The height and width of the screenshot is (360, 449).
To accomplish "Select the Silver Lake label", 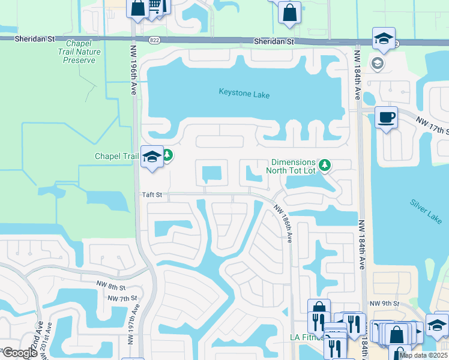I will point(426,211).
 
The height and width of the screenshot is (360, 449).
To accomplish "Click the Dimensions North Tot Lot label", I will point(293,166).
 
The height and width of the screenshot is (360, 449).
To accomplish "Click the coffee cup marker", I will point(386,116).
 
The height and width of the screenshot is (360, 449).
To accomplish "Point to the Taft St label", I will point(152,195).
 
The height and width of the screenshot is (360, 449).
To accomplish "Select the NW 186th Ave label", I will point(284,223).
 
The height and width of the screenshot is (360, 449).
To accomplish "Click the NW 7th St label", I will point(122,298).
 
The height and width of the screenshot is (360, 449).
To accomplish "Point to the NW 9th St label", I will point(384,304).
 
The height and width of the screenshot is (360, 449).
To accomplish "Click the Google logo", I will point(20,353).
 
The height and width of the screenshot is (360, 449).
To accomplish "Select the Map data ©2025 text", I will point(423,355).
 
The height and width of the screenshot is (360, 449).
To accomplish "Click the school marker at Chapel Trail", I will point(152,157).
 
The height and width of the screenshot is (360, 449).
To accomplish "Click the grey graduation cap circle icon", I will point(378,63).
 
